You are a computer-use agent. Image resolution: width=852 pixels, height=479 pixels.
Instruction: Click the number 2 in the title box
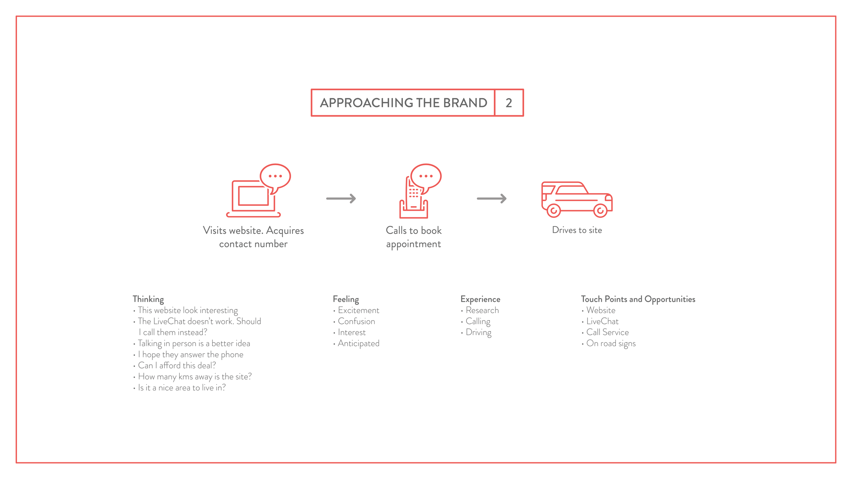point(509,103)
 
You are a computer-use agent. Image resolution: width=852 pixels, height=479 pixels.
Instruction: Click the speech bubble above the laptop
point(275,176)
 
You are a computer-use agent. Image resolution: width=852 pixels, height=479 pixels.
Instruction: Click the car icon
point(577,198)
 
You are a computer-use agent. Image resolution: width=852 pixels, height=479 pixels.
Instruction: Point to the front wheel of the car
point(600,211)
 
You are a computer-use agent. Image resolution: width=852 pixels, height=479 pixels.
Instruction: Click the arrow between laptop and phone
point(341,199)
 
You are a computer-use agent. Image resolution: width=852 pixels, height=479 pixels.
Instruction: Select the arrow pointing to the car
point(492,199)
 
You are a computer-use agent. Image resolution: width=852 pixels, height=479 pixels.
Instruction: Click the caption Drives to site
point(577,230)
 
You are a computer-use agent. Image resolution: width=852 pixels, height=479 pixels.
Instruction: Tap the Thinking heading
point(148,299)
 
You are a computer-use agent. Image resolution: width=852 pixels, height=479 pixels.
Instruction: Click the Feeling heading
point(346,299)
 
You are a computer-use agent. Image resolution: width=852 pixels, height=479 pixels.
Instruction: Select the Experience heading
point(480,299)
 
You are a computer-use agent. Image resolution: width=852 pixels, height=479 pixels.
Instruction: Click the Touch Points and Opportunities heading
point(638,299)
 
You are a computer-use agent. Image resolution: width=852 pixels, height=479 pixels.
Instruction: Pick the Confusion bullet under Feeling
point(356,321)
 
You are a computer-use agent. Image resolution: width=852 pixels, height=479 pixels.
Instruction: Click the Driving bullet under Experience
point(478,332)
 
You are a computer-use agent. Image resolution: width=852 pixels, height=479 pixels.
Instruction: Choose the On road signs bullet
point(611,343)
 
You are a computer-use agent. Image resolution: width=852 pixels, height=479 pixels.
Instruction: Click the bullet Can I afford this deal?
point(177,366)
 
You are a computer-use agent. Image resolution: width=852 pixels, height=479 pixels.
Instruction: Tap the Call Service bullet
point(607,332)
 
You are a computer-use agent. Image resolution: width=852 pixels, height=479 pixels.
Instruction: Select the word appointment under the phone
point(413,244)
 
